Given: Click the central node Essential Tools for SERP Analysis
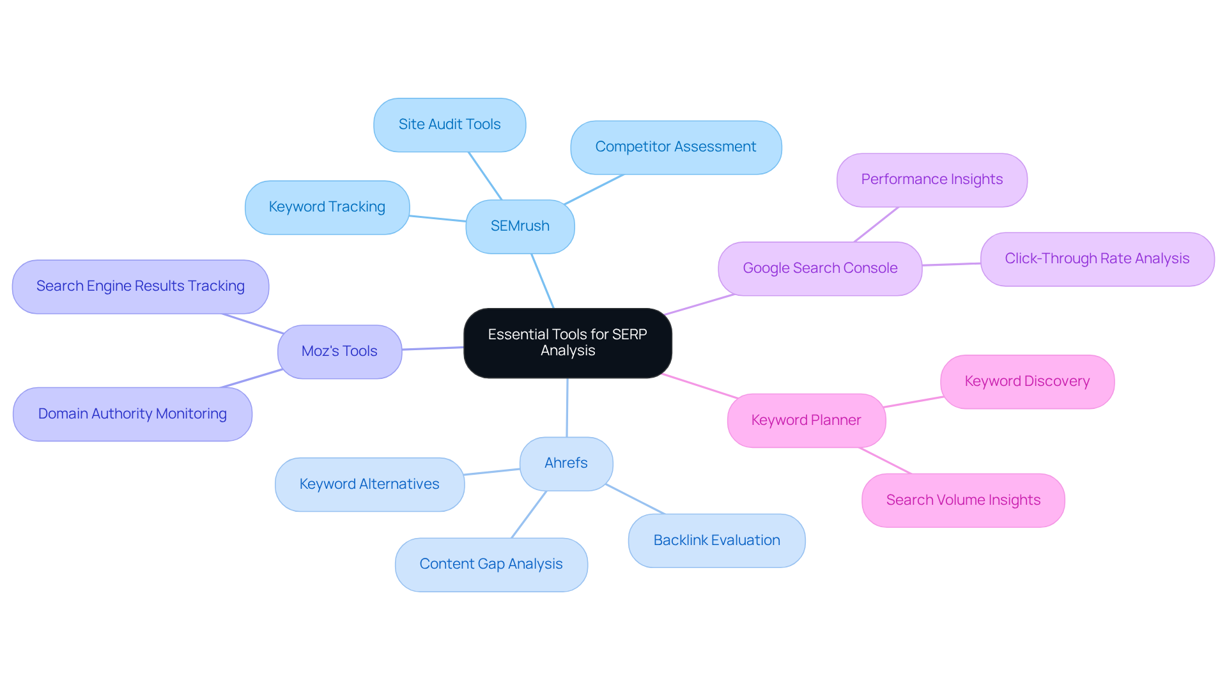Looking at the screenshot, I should (x=567, y=343).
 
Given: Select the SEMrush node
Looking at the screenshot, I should (x=520, y=226).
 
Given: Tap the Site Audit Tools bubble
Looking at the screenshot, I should (x=449, y=125).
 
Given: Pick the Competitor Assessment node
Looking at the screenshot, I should (x=675, y=147).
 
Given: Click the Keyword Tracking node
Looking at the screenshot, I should (x=327, y=207).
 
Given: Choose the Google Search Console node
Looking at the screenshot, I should (x=820, y=268).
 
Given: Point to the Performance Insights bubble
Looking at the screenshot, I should (x=931, y=180).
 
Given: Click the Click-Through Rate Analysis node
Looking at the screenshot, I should (x=1097, y=259).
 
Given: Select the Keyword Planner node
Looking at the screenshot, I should (x=806, y=420).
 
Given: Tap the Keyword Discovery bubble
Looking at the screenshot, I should (x=1027, y=381).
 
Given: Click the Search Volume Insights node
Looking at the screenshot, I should (x=962, y=500).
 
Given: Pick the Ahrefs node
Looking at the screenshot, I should (x=566, y=463).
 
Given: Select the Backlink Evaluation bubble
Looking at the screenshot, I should (x=716, y=541).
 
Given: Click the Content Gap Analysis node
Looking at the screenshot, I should (x=491, y=564).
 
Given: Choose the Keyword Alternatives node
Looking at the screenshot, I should (x=369, y=484).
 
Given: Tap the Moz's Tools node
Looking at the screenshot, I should (x=339, y=351).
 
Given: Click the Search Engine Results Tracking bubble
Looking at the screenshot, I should (x=140, y=286).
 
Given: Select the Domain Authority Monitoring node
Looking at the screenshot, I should (x=132, y=414).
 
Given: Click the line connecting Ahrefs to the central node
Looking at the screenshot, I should (x=567, y=408).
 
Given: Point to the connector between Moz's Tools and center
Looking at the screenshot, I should (x=433, y=348).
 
